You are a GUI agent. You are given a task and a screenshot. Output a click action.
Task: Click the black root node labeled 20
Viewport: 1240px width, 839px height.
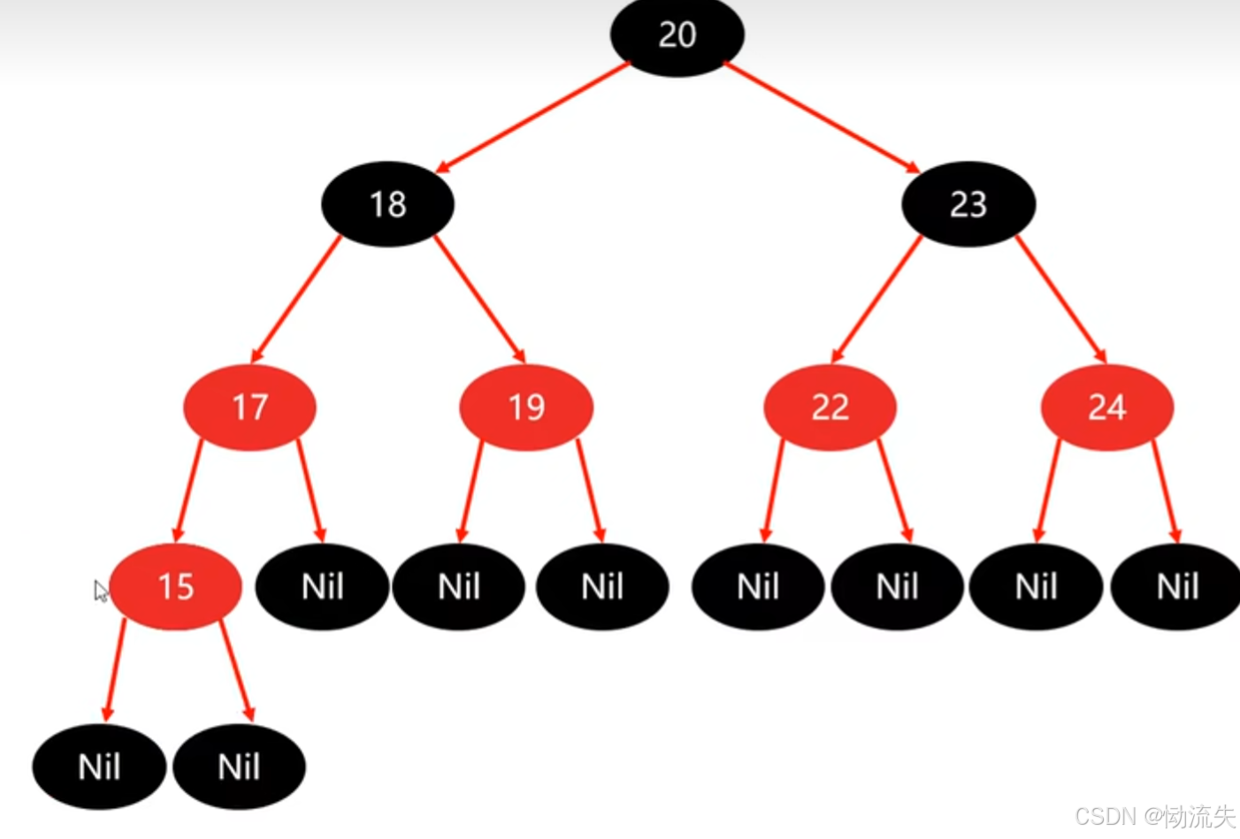(x=677, y=35)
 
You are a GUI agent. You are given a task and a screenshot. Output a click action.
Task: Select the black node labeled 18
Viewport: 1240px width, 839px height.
(x=387, y=204)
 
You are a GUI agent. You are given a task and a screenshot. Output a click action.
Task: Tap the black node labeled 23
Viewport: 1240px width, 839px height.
(x=968, y=204)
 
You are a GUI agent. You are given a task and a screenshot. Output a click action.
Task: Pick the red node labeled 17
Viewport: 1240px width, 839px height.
(x=249, y=408)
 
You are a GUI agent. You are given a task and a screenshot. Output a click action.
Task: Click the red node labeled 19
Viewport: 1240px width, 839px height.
(x=526, y=408)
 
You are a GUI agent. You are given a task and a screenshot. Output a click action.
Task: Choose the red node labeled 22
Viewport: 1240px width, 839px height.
(x=830, y=408)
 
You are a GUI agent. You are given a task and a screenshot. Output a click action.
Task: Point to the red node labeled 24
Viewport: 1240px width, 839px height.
(x=1106, y=408)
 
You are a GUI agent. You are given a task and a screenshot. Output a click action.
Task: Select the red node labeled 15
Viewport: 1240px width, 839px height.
(x=175, y=587)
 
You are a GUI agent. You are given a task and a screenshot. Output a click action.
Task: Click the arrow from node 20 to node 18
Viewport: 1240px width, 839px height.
(x=533, y=117)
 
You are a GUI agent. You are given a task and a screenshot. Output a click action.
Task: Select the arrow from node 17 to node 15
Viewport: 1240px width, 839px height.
(x=188, y=491)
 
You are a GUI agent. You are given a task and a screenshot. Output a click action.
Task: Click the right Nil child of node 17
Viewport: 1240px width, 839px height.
(x=322, y=587)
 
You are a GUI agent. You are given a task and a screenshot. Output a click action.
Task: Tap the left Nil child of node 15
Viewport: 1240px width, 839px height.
(x=99, y=767)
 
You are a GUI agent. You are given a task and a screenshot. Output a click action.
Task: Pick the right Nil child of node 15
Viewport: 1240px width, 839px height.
(x=239, y=767)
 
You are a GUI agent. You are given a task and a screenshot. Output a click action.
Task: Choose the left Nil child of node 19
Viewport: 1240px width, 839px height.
(x=459, y=587)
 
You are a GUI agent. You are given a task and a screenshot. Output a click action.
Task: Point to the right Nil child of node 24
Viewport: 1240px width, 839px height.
(x=1176, y=587)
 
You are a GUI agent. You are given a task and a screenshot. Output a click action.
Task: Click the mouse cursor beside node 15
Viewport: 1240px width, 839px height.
(x=101, y=591)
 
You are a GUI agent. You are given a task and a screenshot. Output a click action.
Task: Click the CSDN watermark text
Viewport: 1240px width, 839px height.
(x=1154, y=816)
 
